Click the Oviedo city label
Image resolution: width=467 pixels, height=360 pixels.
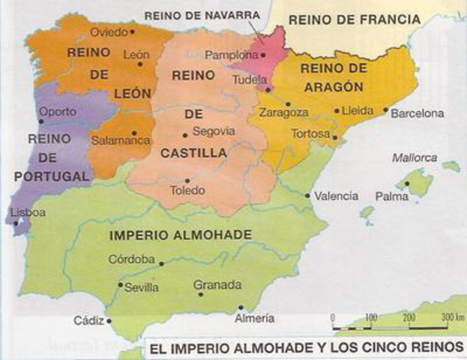(x=108, y=32)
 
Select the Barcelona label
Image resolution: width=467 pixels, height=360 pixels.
(x=418, y=113)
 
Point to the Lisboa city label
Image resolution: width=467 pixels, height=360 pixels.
(x=28, y=212)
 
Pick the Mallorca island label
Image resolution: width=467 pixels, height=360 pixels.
(x=414, y=157)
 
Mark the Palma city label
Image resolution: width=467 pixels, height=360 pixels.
(x=392, y=196)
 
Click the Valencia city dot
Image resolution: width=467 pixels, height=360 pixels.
(x=308, y=196)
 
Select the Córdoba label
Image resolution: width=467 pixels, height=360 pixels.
(x=132, y=259)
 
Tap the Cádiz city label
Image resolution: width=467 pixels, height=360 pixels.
(x=88, y=320)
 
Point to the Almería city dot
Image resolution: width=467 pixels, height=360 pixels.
(x=241, y=307)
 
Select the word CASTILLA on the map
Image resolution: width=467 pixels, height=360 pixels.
(x=193, y=153)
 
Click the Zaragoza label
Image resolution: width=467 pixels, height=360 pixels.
(x=283, y=112)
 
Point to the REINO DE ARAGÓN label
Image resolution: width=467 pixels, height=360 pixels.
(x=333, y=76)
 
